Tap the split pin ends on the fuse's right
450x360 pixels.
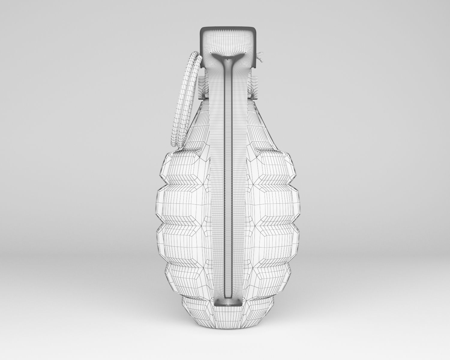tap(260, 57)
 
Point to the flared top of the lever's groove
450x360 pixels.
tap(228, 57)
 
